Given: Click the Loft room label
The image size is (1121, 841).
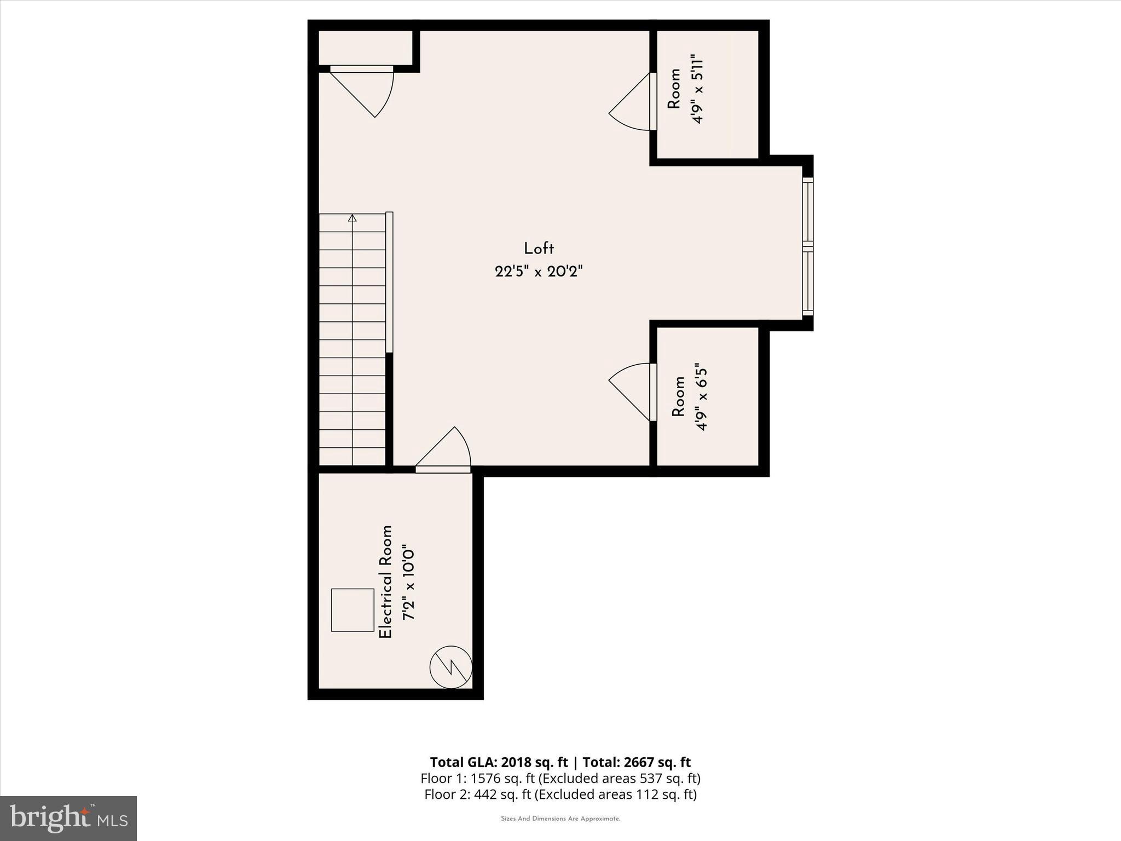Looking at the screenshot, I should pyautogui.click(x=539, y=249).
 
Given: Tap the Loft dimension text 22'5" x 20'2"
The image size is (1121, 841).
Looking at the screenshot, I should pyautogui.click(x=539, y=272).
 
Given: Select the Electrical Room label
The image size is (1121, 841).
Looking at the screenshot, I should pyautogui.click(x=386, y=581).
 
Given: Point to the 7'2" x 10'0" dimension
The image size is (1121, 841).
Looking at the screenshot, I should pyautogui.click(x=408, y=581).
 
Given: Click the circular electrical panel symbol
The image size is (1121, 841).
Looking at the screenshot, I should pyautogui.click(x=450, y=667).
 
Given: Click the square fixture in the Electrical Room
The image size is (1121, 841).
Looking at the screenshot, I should pyautogui.click(x=353, y=610).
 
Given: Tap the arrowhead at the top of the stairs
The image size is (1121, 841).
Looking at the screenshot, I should pyautogui.click(x=353, y=218).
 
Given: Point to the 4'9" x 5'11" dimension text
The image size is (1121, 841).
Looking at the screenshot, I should pyautogui.click(x=696, y=89).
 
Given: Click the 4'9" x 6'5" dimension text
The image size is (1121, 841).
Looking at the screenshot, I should pyautogui.click(x=701, y=396).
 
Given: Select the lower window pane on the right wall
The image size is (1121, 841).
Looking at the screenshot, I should pyautogui.click(x=808, y=280).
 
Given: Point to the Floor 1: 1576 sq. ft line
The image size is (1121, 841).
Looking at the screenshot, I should pyautogui.click(x=560, y=778).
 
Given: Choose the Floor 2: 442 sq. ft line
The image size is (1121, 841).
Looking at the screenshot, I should pyautogui.click(x=560, y=794).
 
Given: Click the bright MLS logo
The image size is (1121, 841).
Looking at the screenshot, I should pyautogui.click(x=68, y=818).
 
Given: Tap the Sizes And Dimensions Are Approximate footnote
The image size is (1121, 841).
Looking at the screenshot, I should pyautogui.click(x=560, y=819).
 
